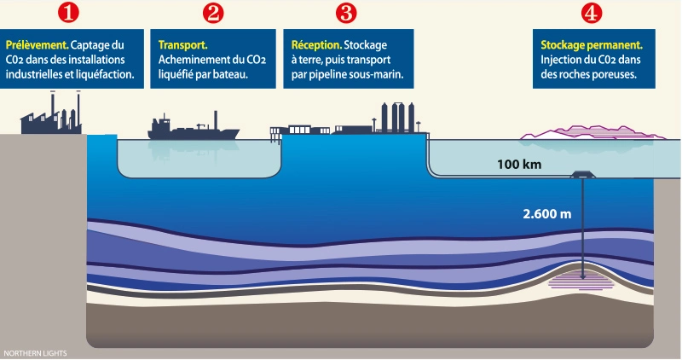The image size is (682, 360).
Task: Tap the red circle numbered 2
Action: (x=213, y=14)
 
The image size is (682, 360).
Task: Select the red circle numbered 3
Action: (x=345, y=14)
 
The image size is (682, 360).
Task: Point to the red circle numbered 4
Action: (x=590, y=14)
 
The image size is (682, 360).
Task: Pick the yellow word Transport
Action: (x=183, y=44)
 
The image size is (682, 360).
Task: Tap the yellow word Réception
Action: (x=315, y=44)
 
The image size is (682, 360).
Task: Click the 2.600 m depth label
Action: (x=546, y=212)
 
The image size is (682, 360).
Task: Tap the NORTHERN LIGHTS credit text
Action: (x=35, y=352)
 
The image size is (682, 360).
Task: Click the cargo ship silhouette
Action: (x=194, y=127)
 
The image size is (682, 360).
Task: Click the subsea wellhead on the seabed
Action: (x=583, y=175)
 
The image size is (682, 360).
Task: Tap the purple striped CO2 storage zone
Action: (x=583, y=278)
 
